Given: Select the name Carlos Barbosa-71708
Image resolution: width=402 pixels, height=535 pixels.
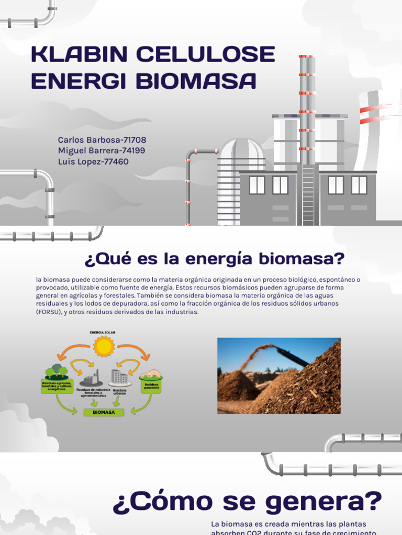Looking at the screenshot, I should click(x=102, y=140).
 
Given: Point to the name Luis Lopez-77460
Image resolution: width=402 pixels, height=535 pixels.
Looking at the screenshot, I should click(x=93, y=162).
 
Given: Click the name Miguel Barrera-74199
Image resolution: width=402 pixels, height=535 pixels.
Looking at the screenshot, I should click(x=102, y=151).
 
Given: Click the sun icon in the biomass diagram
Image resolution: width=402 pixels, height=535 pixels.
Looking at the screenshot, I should click(x=103, y=346).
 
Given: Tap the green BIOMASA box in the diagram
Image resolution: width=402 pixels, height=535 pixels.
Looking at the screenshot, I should click(x=104, y=412).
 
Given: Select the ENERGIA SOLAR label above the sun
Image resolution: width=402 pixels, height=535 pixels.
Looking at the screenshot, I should click(x=103, y=332).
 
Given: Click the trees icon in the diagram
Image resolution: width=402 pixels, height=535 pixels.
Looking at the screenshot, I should click(x=57, y=371).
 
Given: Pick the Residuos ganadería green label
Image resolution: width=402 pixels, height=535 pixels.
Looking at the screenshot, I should click(x=151, y=386).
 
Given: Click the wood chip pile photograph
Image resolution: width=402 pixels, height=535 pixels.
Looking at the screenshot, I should click(x=278, y=376).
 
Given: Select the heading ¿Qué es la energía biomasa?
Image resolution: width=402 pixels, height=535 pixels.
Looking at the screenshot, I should click(x=215, y=258).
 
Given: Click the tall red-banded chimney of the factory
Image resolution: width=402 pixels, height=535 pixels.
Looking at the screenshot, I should click(x=307, y=104).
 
